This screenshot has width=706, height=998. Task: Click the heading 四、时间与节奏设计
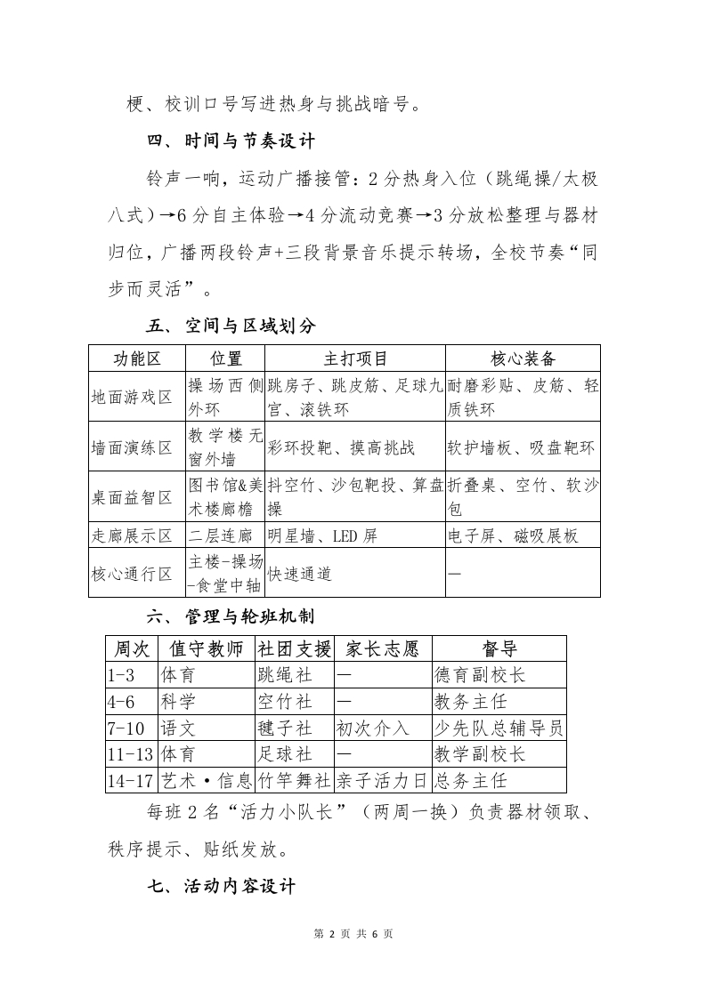pyautogui.click(x=231, y=141)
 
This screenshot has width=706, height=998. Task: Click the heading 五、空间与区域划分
pyautogui.click(x=231, y=326)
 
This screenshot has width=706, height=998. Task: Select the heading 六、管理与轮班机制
pyautogui.click(x=231, y=616)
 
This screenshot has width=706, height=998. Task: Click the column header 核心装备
pyautogui.click(x=523, y=358)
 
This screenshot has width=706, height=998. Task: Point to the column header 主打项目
pyautogui.click(x=354, y=358)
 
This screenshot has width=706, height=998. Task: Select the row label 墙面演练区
pyautogui.click(x=132, y=447)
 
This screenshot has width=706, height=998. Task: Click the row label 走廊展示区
pyautogui.click(x=132, y=535)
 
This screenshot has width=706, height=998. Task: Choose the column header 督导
pyautogui.click(x=499, y=648)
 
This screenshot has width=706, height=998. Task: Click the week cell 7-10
pyautogui.click(x=126, y=728)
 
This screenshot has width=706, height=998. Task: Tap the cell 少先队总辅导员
pyautogui.click(x=498, y=728)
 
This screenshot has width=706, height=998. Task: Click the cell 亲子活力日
pyautogui.click(x=382, y=781)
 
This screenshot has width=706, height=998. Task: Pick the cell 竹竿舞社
pyautogui.click(x=294, y=781)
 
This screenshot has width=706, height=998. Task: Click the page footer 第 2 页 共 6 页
pyautogui.click(x=353, y=934)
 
